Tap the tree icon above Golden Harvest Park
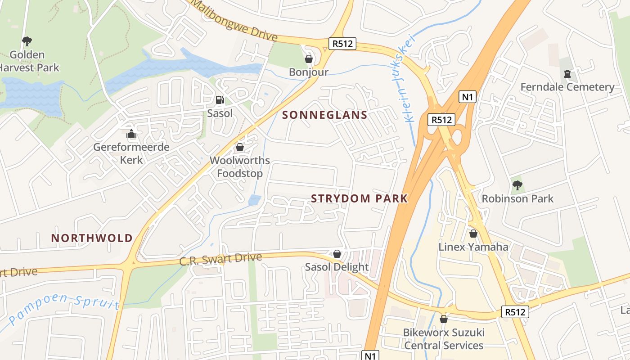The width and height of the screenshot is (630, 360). [x=27, y=41]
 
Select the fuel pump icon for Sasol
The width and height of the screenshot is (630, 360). [x=220, y=99]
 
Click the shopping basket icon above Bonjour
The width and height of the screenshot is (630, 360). [x=309, y=59]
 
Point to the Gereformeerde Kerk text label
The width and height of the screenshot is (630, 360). [x=131, y=153]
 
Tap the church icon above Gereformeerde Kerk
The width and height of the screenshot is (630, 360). [x=131, y=134]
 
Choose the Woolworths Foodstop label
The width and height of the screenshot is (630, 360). [x=240, y=167]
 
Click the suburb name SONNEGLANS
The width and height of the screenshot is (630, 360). [x=324, y=115]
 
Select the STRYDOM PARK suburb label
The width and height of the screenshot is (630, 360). [x=359, y=198]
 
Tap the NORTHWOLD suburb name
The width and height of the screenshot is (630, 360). [x=92, y=238]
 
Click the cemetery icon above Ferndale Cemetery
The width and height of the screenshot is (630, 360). [x=567, y=73]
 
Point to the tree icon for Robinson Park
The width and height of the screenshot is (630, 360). [x=517, y=185]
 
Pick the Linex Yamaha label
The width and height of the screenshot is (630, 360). [x=473, y=247]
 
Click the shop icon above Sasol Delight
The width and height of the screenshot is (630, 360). [x=337, y=254]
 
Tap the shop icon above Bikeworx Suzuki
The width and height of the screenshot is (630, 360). [x=444, y=319]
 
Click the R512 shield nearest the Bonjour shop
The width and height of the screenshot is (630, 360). [x=342, y=44]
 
